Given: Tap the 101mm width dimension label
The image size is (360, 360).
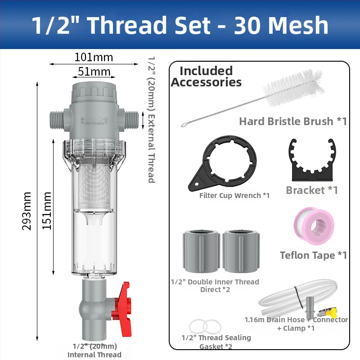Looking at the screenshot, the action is (94, 57).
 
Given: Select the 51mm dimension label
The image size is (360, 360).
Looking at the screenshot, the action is (94, 72).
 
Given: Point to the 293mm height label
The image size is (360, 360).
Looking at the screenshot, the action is (27, 211).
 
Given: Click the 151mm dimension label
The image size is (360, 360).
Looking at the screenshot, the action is (47, 211).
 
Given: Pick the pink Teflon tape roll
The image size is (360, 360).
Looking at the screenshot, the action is (314, 226).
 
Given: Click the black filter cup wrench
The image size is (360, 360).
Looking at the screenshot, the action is (223, 163).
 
